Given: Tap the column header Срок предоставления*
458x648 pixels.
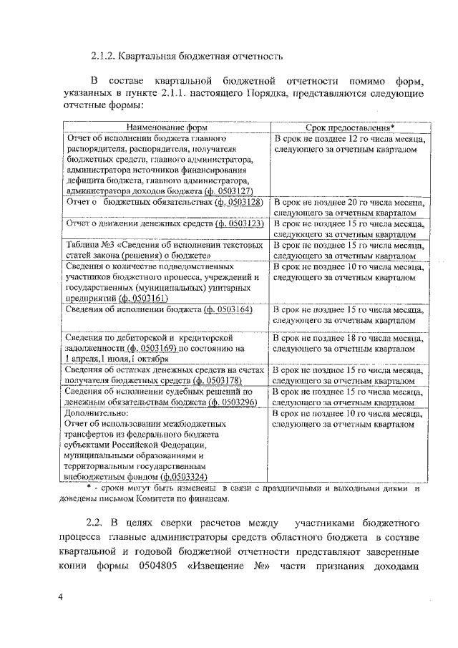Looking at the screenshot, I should (351, 126).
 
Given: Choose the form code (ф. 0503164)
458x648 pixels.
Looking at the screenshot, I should (229, 309).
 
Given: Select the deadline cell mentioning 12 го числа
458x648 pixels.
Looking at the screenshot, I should (351, 143).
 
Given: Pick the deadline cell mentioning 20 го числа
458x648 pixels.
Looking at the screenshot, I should (351, 208).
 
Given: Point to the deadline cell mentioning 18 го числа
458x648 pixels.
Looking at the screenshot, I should (351, 342).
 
